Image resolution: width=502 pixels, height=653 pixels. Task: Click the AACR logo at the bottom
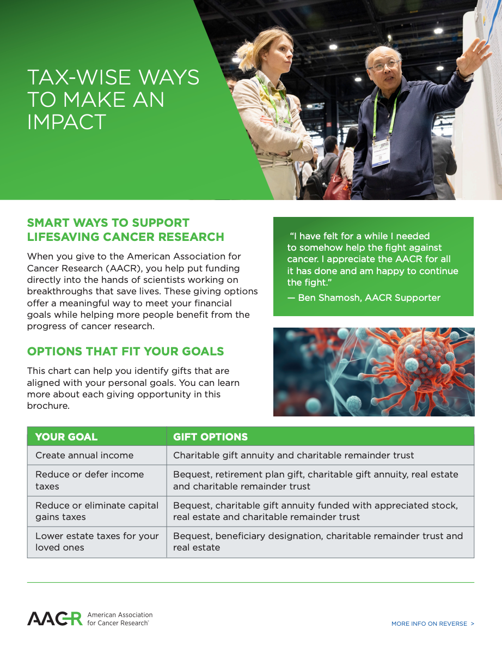[90, 619]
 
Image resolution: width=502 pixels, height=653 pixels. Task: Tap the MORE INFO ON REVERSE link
[432, 624]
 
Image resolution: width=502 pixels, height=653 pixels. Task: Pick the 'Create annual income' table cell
[97, 455]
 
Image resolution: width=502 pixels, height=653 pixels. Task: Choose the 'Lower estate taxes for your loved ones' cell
[97, 542]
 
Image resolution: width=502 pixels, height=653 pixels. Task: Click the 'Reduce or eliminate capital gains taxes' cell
[97, 511]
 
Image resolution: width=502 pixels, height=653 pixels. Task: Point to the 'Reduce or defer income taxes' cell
[97, 480]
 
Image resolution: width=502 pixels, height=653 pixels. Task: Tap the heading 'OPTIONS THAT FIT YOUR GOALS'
[126, 352]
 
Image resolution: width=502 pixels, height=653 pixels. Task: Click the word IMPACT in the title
[66, 122]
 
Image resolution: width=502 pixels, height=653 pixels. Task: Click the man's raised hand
[475, 56]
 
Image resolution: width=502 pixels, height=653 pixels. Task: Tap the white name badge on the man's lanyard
[381, 153]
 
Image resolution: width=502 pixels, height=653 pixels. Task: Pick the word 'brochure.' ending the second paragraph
[48, 406]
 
